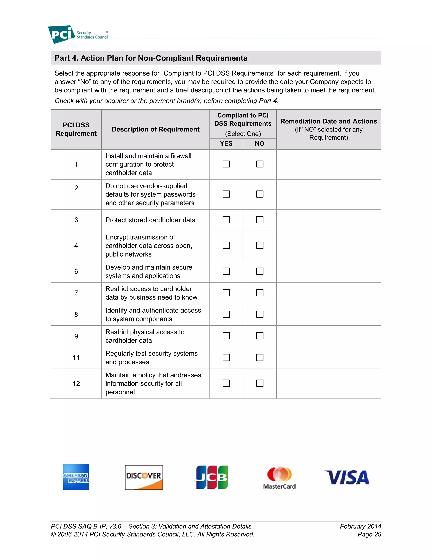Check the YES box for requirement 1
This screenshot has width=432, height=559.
226,164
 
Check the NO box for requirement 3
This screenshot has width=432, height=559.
260,220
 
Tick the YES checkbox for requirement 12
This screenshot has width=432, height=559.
226,383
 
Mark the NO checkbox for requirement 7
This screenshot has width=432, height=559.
260,293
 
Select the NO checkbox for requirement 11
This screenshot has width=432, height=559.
260,358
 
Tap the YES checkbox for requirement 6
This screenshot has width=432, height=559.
226,271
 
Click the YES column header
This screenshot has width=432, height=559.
226,144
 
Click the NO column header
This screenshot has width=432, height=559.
259,144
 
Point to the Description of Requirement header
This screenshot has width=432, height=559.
156,129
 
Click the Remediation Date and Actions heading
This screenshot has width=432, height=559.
329,121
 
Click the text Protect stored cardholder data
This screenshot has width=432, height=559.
150,220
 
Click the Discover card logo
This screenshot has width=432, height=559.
144,477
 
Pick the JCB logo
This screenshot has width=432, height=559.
212,477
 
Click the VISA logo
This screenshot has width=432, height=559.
347,477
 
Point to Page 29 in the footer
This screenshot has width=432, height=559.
369,535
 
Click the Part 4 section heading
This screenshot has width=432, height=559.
151,58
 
